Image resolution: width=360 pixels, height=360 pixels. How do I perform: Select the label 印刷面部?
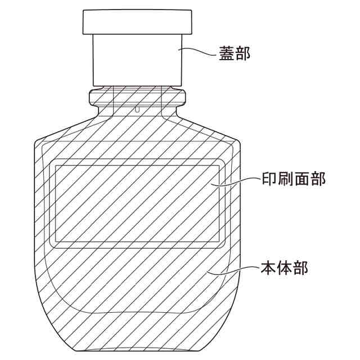[x=294, y=179]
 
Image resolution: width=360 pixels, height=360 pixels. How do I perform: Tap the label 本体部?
[x=284, y=268]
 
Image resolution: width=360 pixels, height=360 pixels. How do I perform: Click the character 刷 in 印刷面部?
[x=285, y=179]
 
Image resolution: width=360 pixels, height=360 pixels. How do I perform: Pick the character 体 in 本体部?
[x=284, y=268]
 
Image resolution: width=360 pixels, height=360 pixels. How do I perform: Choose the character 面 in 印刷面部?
[x=301, y=179]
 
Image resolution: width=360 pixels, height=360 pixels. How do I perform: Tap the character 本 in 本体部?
[x=268, y=268]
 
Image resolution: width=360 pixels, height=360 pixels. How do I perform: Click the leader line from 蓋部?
[x=197, y=51]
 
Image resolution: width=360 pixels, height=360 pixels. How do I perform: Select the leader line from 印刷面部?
[x=236, y=181]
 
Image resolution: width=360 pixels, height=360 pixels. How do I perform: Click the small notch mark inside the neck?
[x=137, y=109]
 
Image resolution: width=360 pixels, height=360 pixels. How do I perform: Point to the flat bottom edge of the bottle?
[x=138, y=350]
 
